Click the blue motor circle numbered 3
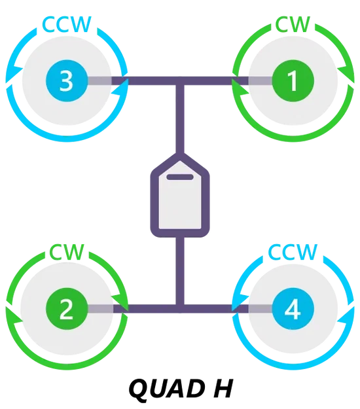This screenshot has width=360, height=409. (x=67, y=80)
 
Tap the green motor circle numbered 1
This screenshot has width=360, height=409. (x=293, y=80)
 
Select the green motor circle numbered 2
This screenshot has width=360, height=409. (x=67, y=309)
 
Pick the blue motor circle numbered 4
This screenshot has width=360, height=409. (x=293, y=309)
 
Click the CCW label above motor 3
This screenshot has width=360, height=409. (x=67, y=24)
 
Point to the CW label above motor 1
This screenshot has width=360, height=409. (x=293, y=24)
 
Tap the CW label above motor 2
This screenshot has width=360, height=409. (x=67, y=252)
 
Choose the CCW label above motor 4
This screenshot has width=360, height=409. (x=293, y=252)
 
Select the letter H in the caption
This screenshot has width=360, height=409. (x=221, y=389)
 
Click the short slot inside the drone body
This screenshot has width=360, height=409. (x=180, y=177)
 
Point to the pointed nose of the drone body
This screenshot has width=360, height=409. (x=180, y=156)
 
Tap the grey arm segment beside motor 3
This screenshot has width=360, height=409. (x=99, y=81)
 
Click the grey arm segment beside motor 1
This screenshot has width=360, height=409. (x=260, y=81)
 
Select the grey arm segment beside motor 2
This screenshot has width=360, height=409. (x=100, y=309)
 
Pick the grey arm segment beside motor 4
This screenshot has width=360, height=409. (x=260, y=309)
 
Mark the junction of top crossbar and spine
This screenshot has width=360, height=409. (x=180, y=81)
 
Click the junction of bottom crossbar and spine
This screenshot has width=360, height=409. (x=180, y=309)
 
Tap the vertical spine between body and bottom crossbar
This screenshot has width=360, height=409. (x=180, y=271)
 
